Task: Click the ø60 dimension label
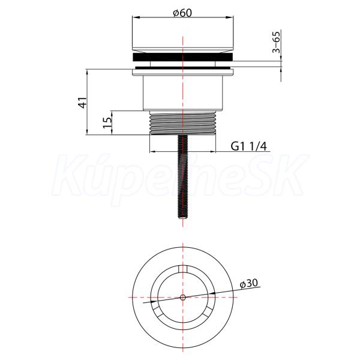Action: (x=182, y=13)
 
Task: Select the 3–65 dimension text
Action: (x=276, y=42)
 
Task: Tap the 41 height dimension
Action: (x=83, y=103)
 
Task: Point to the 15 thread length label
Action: (x=107, y=122)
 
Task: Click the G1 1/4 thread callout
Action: (x=248, y=146)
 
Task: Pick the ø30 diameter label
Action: (x=248, y=284)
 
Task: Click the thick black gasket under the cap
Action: (x=183, y=57)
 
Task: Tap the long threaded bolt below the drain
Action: (x=183, y=177)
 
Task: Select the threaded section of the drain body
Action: (x=183, y=122)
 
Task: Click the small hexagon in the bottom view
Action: (x=183, y=298)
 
